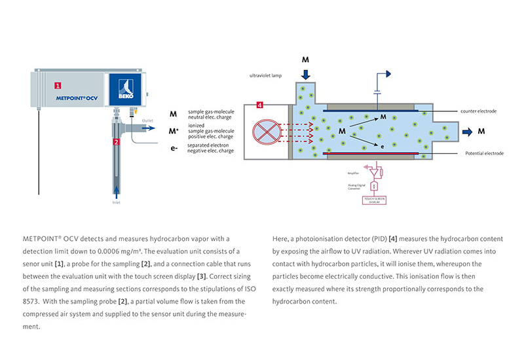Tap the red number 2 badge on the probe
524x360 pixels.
pos(116,141)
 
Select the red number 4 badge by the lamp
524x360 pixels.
pos(260,105)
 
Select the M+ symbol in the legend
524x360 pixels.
pos(174,130)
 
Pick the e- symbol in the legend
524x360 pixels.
pos(173,147)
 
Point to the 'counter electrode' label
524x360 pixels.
pos(478,112)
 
